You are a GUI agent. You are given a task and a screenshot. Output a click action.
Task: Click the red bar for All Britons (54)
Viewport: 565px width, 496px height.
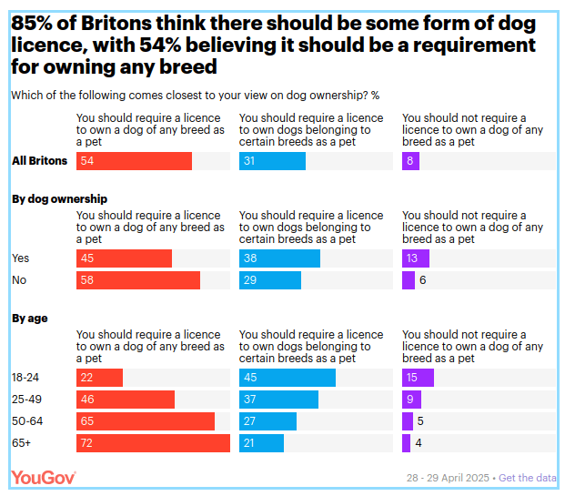tap(134, 161)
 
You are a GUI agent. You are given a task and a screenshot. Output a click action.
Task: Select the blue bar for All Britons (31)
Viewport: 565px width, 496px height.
tap(272, 161)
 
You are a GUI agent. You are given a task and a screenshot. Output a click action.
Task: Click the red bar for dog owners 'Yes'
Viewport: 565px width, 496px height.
tap(124, 258)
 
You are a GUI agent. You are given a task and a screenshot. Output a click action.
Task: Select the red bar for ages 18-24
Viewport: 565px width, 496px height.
tap(99, 378)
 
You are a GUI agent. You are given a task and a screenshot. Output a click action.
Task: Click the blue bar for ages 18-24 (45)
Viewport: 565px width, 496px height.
tap(287, 378)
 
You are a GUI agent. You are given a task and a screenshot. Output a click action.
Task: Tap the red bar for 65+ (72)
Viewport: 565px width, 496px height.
tap(153, 443)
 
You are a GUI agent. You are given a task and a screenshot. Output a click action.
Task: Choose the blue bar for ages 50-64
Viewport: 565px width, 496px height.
tap(267, 421)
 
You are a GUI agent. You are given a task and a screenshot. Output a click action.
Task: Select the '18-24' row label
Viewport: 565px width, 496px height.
tap(25, 378)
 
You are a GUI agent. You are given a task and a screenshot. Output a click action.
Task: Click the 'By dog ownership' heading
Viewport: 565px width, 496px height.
tap(59, 198)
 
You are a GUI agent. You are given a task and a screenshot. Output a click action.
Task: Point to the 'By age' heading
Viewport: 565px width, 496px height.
tap(30, 318)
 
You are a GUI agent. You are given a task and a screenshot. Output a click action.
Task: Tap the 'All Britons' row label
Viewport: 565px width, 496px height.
tap(39, 161)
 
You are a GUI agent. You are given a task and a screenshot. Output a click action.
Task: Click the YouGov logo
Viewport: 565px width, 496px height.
tap(43, 477)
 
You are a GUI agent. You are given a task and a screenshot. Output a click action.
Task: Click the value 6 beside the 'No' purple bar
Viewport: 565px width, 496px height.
tap(423, 280)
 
